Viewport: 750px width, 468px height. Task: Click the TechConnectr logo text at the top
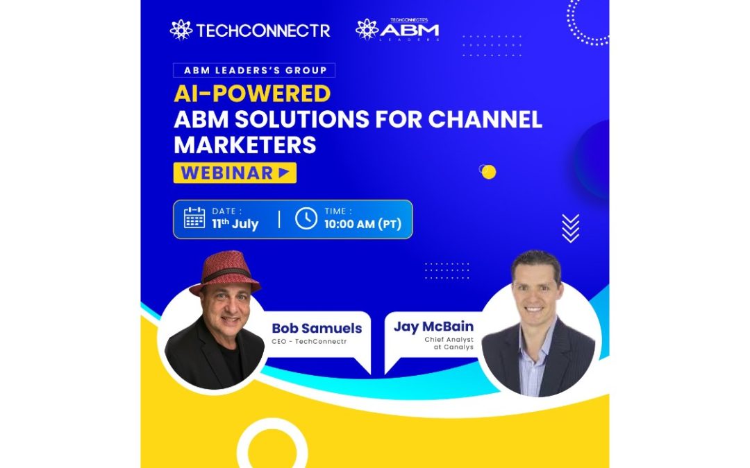coord(263,31)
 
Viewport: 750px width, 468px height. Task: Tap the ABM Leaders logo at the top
coord(397,30)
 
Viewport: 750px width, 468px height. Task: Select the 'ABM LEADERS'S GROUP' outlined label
coord(254,70)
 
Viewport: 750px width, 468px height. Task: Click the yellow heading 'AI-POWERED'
coord(252,94)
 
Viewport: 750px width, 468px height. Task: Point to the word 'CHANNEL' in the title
coord(485,119)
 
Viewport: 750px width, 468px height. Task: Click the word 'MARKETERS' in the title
coord(245,145)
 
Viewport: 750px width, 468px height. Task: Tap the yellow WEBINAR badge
coord(235,173)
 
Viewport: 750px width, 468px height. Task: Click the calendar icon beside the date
coord(194,218)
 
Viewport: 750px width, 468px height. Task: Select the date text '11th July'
coord(235,224)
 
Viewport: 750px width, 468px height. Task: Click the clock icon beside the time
coord(306,218)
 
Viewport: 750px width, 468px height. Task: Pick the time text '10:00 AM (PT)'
coord(362,224)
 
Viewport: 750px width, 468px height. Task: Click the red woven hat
coord(225,272)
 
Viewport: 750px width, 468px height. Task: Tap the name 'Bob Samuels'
coord(317,328)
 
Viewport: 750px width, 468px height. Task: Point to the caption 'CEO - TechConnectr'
coord(309,341)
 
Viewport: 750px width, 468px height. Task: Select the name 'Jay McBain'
coord(433,327)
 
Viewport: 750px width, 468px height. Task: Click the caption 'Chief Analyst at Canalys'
coord(449,343)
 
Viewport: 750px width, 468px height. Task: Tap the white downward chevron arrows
coord(571,228)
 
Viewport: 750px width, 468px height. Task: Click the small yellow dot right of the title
coord(488,172)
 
